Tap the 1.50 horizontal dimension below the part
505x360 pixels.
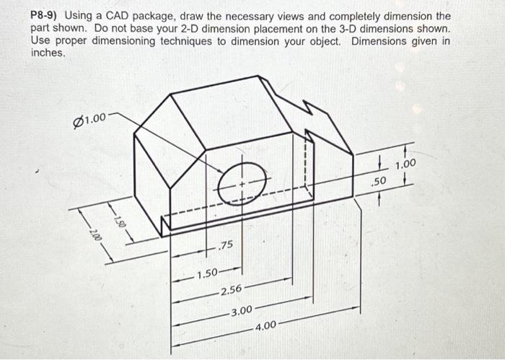coord(208,273)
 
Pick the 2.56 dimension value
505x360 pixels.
coord(232,290)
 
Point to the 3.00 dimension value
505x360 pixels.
coord(241,311)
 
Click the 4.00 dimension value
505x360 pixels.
coord(265,325)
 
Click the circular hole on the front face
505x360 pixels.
coord(242,185)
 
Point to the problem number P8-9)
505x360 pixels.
coord(45,16)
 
